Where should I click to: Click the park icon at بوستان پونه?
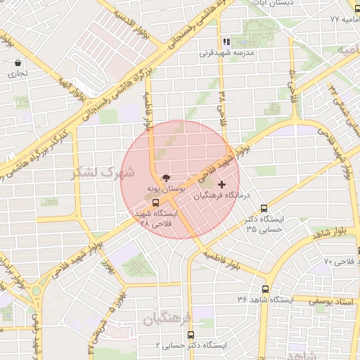click(166, 179)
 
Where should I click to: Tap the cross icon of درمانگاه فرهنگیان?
click(223, 184)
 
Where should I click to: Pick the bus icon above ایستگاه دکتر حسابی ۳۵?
click(264, 208)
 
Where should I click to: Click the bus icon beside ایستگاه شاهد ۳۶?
click(266, 289)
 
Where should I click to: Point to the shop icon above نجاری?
click(18, 63)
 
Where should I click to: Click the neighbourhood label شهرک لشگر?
click(106, 172)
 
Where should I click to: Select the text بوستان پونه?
click(166, 190)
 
